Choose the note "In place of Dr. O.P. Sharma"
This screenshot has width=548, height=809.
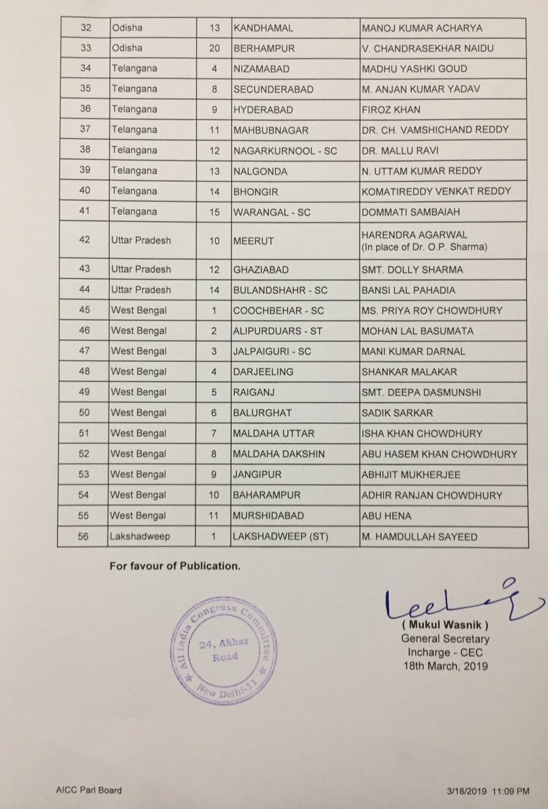click(425, 246)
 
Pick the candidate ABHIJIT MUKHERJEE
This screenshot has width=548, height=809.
click(411, 475)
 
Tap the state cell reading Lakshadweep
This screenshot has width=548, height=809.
click(139, 537)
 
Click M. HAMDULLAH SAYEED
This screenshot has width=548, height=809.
click(420, 537)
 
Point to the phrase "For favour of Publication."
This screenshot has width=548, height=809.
click(175, 566)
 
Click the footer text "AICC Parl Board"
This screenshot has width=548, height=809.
click(90, 789)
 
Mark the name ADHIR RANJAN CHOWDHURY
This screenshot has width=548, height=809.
click(431, 496)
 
